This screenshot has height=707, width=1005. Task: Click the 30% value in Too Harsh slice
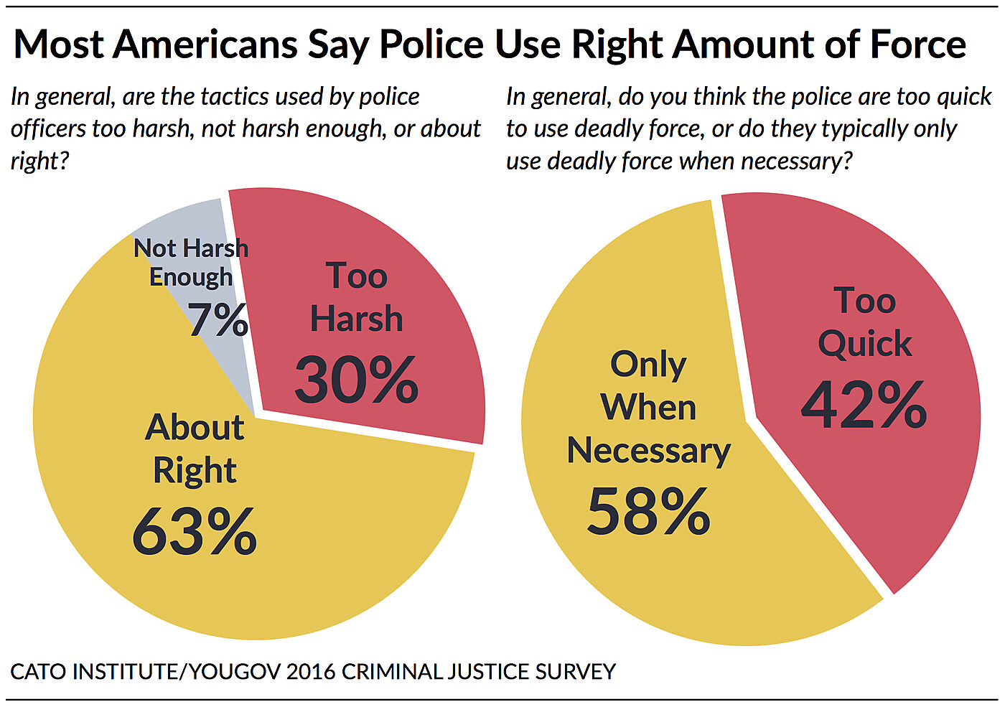pos(356,380)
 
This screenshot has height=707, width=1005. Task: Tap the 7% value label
pos(218,319)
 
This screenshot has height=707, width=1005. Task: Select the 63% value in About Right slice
pos(195,532)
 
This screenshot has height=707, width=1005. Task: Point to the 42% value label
pos(864,406)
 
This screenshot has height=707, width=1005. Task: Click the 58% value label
pos(648,512)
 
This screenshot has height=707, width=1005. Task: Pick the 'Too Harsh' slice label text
pos(356,297)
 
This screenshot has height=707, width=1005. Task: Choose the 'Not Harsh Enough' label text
pos(191,262)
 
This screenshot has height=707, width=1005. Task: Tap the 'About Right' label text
pos(195,449)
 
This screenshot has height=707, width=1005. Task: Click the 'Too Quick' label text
pos(864,322)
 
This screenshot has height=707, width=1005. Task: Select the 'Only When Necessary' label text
pos(648,407)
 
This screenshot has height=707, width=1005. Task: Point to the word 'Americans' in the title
pos(205,45)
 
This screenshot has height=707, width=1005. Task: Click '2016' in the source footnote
pos(310,672)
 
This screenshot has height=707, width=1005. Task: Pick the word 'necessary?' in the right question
pos(797,161)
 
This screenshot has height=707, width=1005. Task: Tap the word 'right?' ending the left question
pos(39,161)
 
